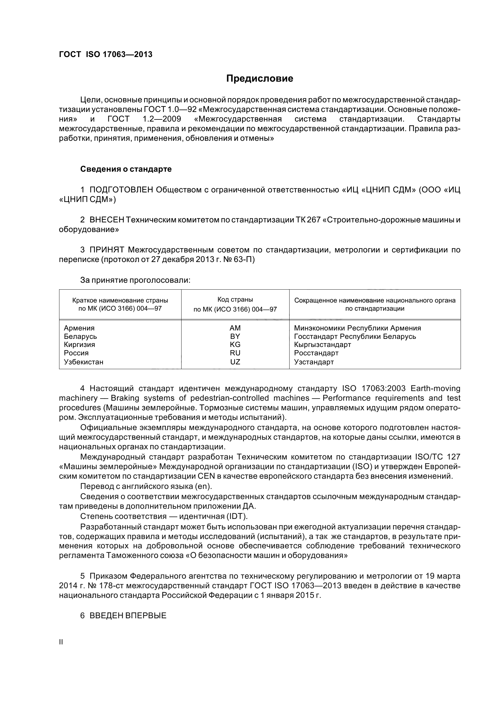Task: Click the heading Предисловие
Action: point(260,79)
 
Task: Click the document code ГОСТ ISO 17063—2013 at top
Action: point(105,54)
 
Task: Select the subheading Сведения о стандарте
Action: point(126,169)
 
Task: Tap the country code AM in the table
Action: point(235,328)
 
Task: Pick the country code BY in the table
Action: point(235,336)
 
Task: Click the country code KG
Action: point(235,345)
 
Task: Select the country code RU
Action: point(235,353)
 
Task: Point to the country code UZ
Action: point(235,362)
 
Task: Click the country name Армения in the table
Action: point(79,328)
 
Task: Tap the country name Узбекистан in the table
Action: point(83,362)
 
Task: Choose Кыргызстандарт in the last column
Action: point(323,345)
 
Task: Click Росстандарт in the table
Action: point(316,353)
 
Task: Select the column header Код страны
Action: point(235,300)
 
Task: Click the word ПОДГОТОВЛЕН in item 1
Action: point(121,190)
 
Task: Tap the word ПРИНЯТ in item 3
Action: point(107,250)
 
